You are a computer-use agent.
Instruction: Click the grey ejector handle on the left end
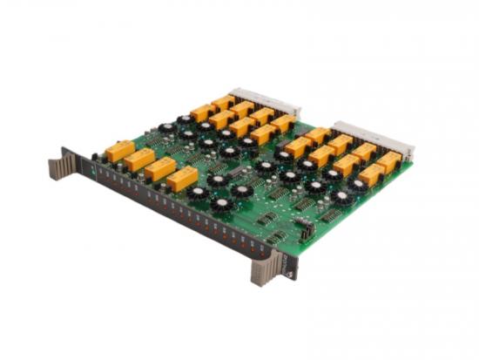(x=61, y=163)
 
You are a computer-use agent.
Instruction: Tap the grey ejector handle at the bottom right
(x=263, y=269)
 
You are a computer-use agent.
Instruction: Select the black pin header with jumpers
(x=304, y=228)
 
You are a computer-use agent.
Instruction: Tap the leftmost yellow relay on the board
(x=119, y=151)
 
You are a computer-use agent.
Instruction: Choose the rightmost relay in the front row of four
(x=181, y=178)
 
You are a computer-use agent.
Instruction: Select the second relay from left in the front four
(x=139, y=160)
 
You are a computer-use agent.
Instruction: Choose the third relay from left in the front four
(x=159, y=168)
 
